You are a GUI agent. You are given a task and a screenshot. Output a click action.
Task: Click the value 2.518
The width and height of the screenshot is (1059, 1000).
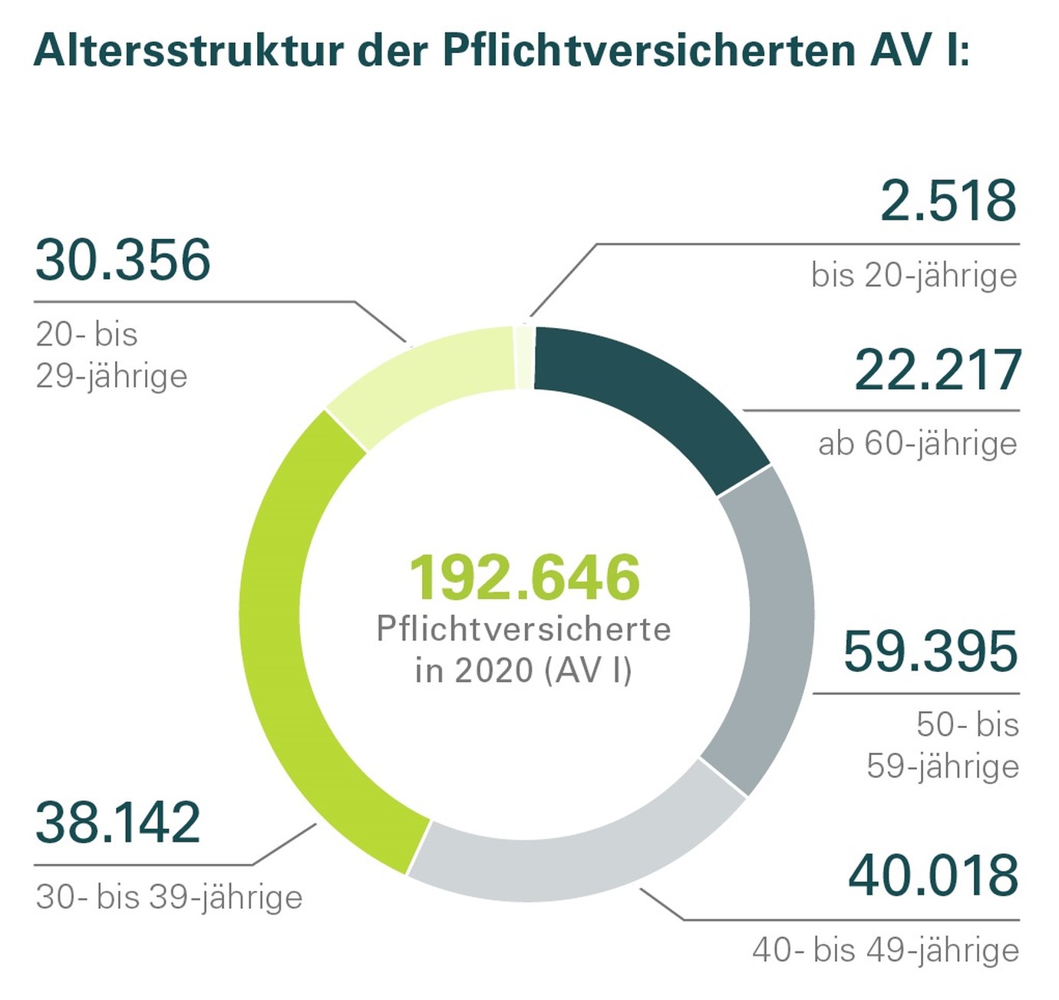click(x=948, y=202)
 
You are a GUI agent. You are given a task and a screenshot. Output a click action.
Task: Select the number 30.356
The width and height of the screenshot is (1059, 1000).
click(x=123, y=260)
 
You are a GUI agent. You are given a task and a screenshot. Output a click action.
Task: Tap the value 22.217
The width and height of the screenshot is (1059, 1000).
click(x=937, y=371)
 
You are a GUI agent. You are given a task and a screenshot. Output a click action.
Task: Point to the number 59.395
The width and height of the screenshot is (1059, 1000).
click(x=930, y=652)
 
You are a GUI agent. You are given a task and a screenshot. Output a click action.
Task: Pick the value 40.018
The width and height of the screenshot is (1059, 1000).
click(x=933, y=876)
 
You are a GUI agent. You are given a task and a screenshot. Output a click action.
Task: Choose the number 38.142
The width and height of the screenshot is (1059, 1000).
click(x=118, y=823)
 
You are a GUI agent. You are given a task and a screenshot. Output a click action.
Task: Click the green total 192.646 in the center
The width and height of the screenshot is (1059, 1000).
click(x=524, y=578)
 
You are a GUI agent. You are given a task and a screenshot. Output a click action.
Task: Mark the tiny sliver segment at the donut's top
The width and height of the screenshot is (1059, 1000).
click(x=524, y=358)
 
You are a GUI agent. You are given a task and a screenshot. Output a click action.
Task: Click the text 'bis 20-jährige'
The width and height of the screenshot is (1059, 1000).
click(x=913, y=276)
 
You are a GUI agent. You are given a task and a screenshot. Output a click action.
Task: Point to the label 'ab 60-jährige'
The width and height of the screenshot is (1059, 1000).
click(x=917, y=444)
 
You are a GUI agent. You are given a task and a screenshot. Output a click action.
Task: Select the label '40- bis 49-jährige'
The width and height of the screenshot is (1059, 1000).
click(x=885, y=951)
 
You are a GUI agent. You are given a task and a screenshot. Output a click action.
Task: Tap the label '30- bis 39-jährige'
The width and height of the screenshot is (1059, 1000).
click(x=169, y=897)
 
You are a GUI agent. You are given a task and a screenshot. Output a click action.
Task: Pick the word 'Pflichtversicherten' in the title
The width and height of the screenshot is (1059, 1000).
click(x=648, y=51)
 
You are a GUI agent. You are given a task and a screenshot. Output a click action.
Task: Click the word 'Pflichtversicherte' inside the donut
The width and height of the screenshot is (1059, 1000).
click(x=523, y=630)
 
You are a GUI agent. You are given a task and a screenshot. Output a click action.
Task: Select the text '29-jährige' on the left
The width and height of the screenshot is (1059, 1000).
click(x=111, y=376)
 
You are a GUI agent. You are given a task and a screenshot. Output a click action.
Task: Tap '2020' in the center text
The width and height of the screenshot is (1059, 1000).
click(x=493, y=670)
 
